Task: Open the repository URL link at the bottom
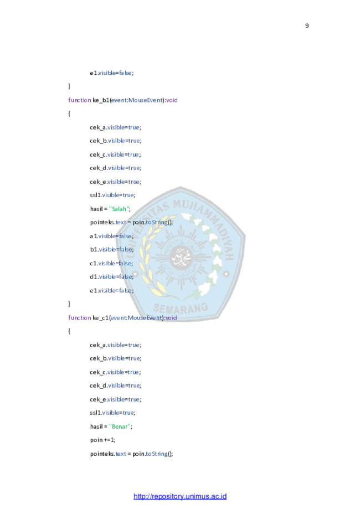coord(180,496)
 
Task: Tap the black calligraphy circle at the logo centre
coord(179,255)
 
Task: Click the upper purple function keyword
coord(80,100)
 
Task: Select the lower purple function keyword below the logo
coord(80,318)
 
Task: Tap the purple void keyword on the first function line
coord(172,100)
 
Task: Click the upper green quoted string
coord(119,209)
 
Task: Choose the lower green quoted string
coord(119,426)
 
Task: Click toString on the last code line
coord(157,454)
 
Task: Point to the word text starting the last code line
coord(121,454)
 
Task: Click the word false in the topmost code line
coord(125,73)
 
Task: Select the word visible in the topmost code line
coord(106,73)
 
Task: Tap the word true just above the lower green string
coord(128,413)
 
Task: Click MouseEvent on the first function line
coord(146,100)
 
